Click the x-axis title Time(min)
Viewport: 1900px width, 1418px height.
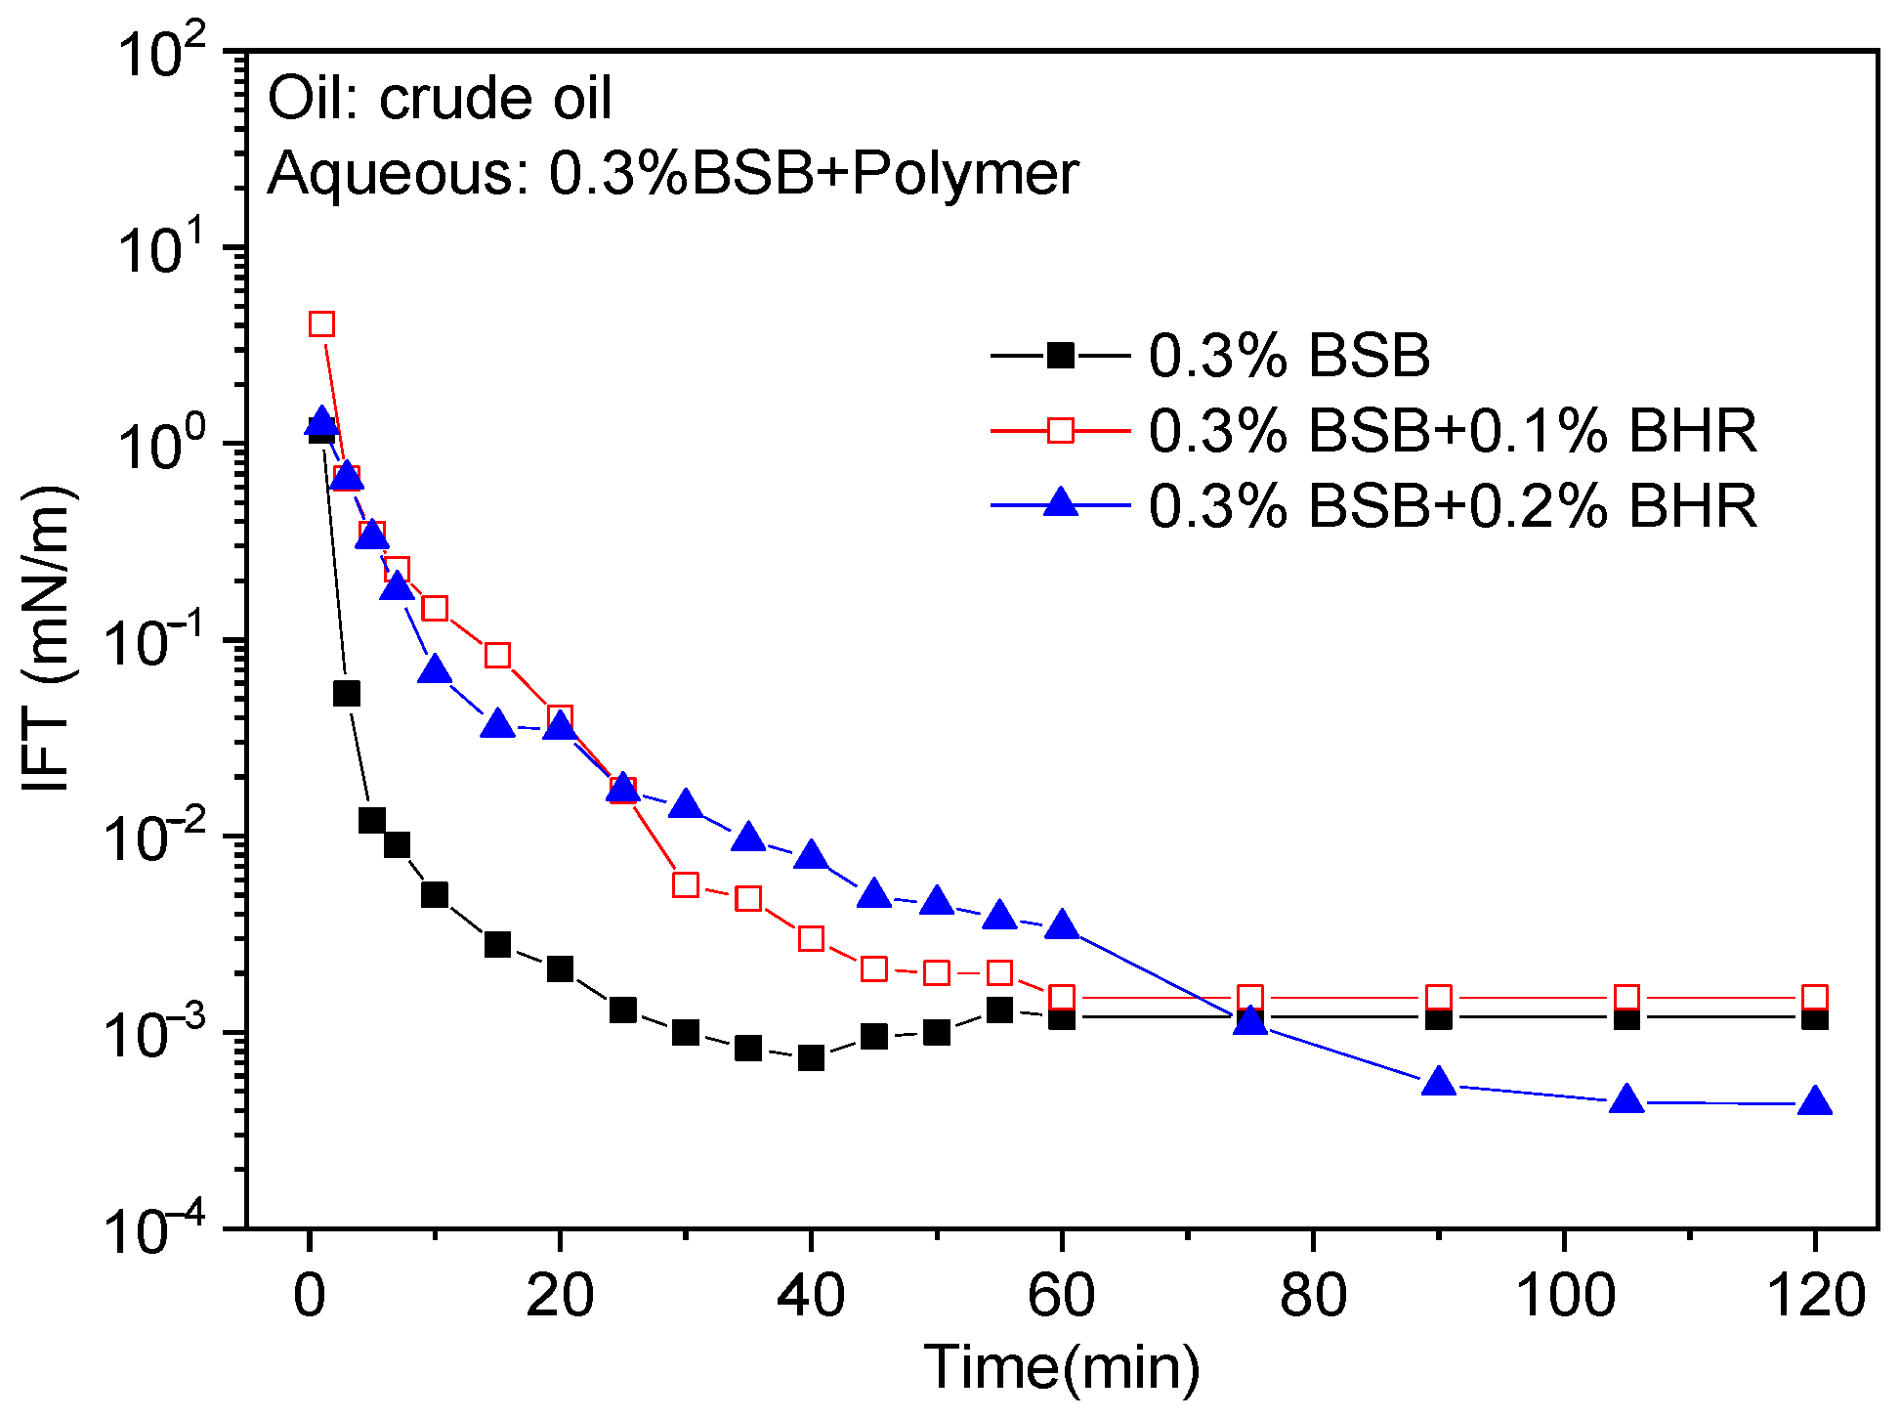[1061, 1365]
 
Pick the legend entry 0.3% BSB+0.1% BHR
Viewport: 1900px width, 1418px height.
[1452, 430]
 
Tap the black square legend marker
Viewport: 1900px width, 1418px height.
[1060, 355]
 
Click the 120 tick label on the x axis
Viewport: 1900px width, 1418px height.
[1815, 1296]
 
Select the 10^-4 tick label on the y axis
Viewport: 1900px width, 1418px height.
[161, 1229]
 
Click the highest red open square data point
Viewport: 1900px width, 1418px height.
[321, 323]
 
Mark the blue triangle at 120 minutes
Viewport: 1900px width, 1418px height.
[1815, 1102]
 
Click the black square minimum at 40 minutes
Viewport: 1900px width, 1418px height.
[811, 1057]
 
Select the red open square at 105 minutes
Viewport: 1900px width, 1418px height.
[1626, 998]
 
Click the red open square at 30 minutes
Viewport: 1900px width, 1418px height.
[686, 885]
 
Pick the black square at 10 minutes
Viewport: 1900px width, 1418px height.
[435, 894]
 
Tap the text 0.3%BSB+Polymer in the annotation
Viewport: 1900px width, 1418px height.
[813, 173]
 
